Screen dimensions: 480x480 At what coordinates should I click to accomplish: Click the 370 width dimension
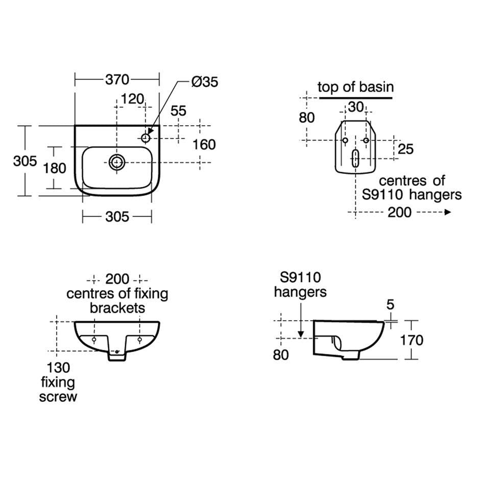pos(117,80)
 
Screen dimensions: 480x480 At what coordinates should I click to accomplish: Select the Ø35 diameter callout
pos(204,82)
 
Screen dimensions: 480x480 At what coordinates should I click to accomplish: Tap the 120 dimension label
pos(132,99)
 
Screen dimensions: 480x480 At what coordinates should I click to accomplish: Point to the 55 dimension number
pos(178,111)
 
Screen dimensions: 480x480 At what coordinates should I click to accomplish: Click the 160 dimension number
pos(204,145)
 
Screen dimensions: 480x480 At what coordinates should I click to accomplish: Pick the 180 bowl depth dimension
pos(55,168)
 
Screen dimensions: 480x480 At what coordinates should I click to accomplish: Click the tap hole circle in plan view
pos(146,138)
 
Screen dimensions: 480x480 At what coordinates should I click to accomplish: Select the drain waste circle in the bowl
pos(116,162)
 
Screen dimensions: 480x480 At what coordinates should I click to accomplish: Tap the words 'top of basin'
pos(355,87)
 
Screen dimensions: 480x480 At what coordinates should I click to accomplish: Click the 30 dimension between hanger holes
pos(356,107)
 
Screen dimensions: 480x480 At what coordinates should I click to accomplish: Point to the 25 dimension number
pos(405,149)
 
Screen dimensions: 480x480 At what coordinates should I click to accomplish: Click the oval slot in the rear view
pos(355,158)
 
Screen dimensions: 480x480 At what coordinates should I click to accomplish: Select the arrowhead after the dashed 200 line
pos(448,212)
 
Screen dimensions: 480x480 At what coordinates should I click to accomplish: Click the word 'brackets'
pos(117,308)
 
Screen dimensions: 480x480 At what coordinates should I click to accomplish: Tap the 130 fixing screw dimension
pos(58,368)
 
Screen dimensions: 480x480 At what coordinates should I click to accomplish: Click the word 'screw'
pos(58,397)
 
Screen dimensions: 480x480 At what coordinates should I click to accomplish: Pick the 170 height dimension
pos(412,340)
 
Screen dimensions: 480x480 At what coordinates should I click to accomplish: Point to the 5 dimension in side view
pos(390,304)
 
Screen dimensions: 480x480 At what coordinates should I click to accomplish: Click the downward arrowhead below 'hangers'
pos(301,334)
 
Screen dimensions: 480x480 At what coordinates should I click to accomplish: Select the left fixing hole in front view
pos(94,340)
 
